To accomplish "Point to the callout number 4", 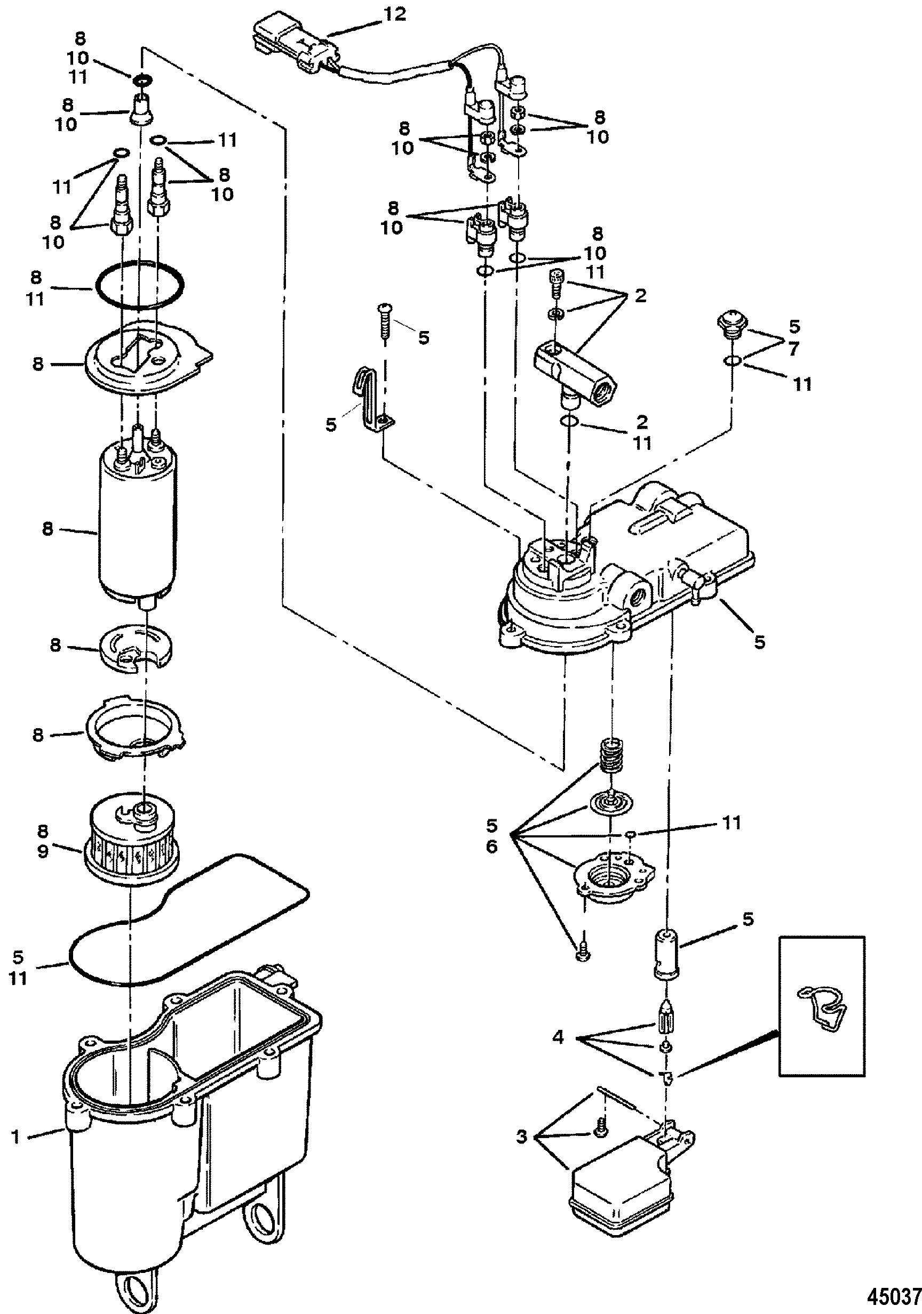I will point(559,1037).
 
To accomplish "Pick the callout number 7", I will point(792,349).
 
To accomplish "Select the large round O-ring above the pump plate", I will point(139,286).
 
